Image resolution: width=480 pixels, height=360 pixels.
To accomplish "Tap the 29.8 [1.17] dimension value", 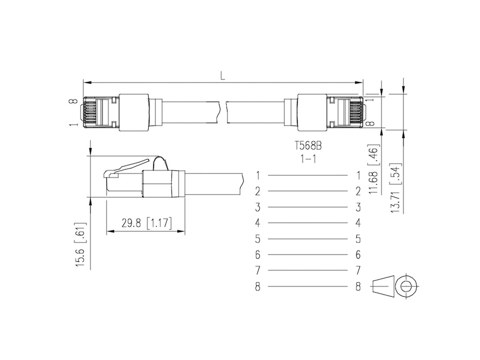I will tap(146, 223).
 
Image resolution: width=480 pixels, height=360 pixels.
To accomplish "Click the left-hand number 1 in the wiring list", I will tap(258, 175).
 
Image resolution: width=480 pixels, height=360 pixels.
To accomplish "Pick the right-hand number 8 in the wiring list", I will tap(358, 286).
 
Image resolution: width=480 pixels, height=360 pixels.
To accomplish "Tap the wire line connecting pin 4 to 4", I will tap(308, 223).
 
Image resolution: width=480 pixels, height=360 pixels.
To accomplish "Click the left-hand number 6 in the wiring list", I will tap(258, 254).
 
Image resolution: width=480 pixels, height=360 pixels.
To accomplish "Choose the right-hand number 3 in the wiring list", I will tap(358, 207).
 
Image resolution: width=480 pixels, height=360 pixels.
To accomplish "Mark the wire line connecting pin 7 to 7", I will tap(308, 270).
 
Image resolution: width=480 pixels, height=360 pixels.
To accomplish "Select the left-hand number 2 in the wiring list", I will tap(258, 191).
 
